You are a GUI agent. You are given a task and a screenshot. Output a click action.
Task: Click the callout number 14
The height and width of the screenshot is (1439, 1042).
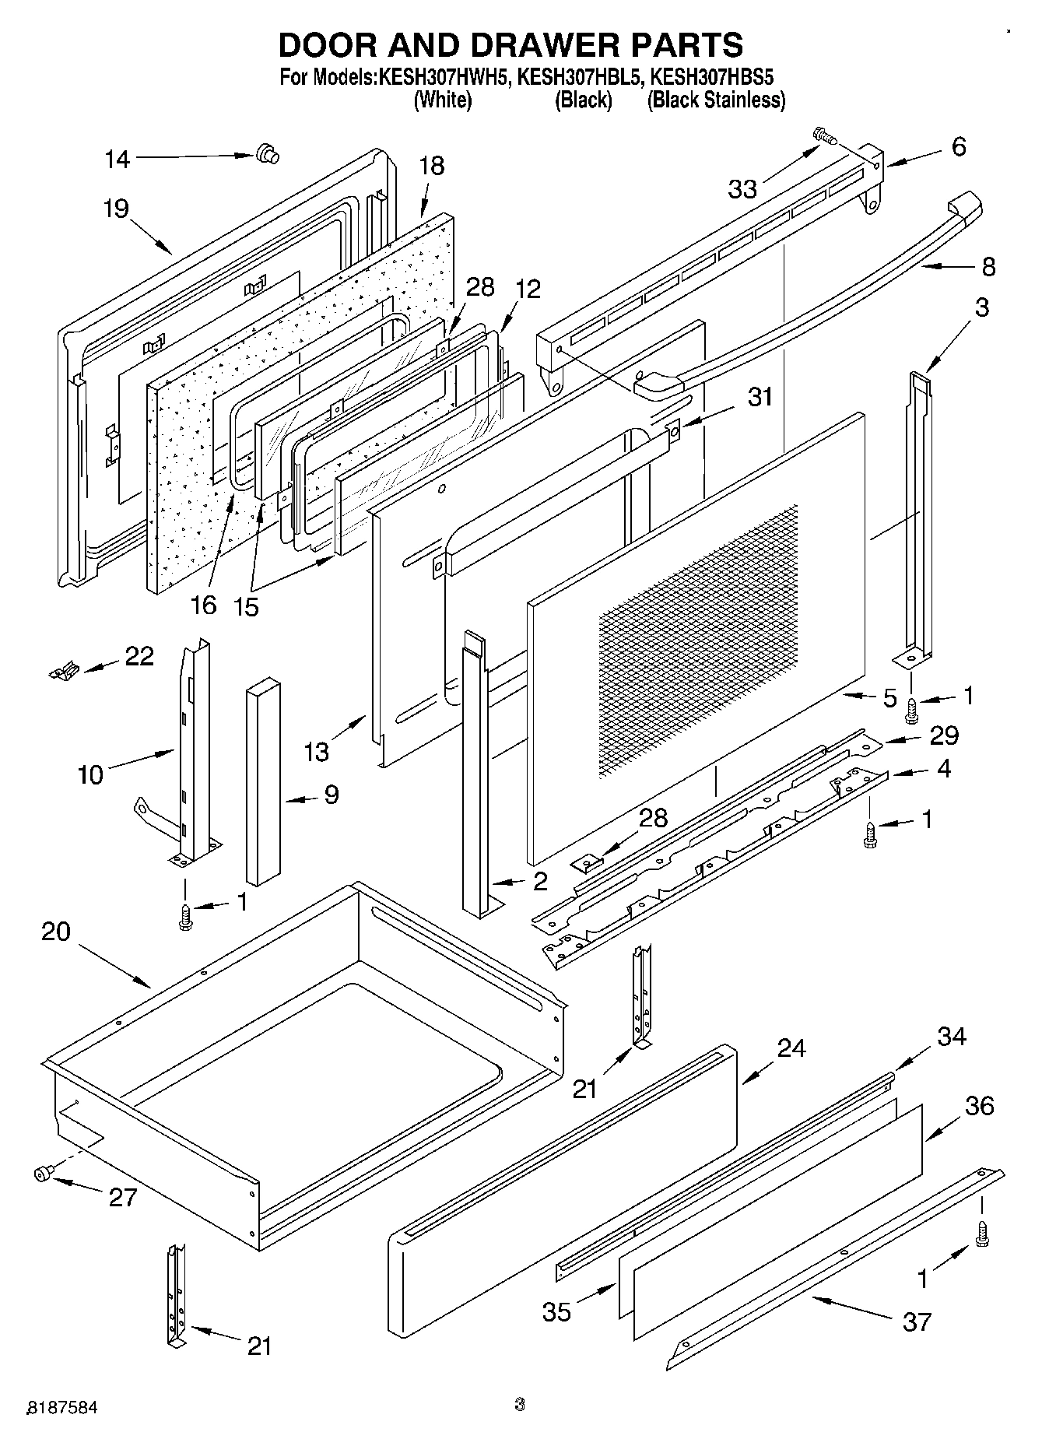pyautogui.click(x=118, y=160)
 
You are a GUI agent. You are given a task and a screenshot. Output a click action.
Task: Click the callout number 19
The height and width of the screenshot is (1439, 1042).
pyautogui.click(x=116, y=209)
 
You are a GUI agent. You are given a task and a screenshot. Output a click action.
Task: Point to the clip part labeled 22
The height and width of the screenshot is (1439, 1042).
pyautogui.click(x=63, y=669)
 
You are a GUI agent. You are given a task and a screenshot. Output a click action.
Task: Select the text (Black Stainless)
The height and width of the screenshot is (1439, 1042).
pyautogui.click(x=716, y=100)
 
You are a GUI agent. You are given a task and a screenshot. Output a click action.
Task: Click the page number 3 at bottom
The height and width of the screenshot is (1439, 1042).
pyautogui.click(x=520, y=1404)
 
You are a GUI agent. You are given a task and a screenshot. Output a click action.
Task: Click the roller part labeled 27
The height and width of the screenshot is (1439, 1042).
pyautogui.click(x=43, y=1174)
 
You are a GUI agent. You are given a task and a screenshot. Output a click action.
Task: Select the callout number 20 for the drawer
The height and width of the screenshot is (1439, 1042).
pyautogui.click(x=56, y=931)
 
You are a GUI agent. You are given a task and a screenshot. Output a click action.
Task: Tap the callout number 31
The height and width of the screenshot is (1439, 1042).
pyautogui.click(x=760, y=396)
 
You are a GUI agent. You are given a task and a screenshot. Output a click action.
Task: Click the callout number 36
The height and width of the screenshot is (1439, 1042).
pyautogui.click(x=980, y=1105)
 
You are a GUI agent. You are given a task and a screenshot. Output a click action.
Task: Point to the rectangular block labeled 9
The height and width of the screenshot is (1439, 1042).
pyautogui.click(x=263, y=782)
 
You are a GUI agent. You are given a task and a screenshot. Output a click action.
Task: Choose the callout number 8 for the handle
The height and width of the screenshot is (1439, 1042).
pyautogui.click(x=988, y=267)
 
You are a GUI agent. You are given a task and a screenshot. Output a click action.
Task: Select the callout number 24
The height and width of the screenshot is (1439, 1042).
pyautogui.click(x=791, y=1048)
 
